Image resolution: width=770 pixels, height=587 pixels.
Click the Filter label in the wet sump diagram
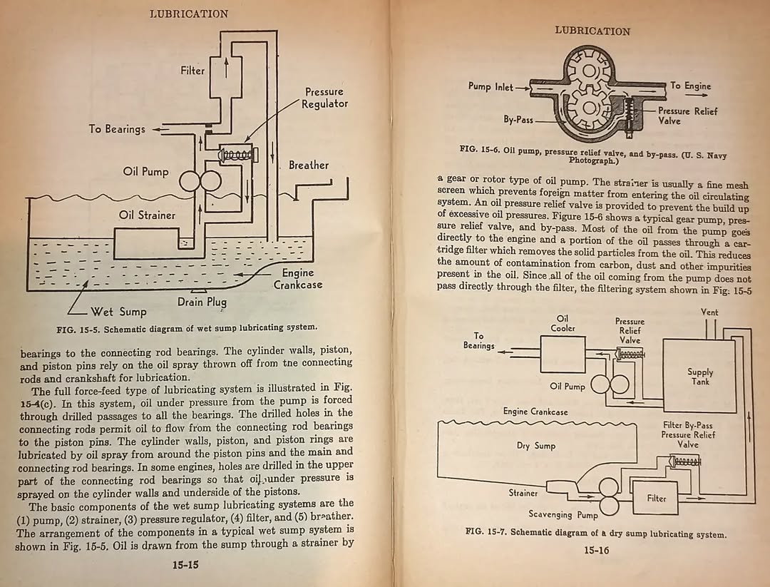pyautogui.click(x=192, y=71)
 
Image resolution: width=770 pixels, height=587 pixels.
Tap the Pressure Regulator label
pyautogui.click(x=324, y=98)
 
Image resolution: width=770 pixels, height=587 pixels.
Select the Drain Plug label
pyautogui.click(x=202, y=302)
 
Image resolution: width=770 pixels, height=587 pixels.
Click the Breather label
pyautogui.click(x=309, y=165)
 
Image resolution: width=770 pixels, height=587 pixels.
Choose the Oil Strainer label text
pyautogui.click(x=147, y=215)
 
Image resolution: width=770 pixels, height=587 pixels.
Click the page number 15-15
pyautogui.click(x=185, y=565)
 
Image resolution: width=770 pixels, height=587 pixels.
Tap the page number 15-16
pyautogui.click(x=596, y=550)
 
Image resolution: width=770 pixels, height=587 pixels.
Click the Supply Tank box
pyautogui.click(x=699, y=377)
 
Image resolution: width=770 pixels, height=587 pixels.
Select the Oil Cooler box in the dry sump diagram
pyautogui.click(x=563, y=354)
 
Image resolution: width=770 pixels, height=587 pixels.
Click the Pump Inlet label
pyautogui.click(x=490, y=87)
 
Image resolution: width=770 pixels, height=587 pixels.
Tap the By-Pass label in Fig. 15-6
pyautogui.click(x=518, y=119)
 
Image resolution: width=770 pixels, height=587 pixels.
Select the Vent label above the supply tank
pyautogui.click(x=709, y=312)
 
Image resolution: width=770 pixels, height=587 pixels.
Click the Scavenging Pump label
pyautogui.click(x=563, y=514)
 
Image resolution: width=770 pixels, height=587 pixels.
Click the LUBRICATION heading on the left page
pyautogui.click(x=189, y=14)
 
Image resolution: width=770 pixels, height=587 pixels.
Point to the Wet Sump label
pyautogui.click(x=118, y=312)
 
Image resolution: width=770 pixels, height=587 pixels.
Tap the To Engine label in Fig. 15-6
pyautogui.click(x=690, y=86)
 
